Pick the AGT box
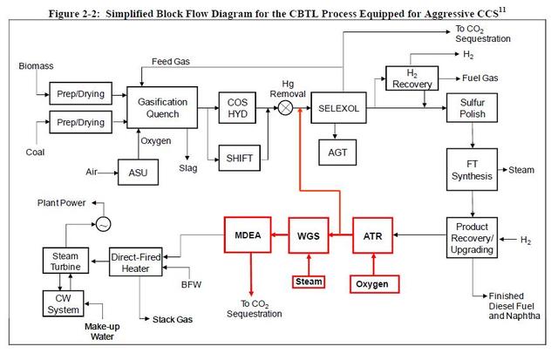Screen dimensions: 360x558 (338, 152)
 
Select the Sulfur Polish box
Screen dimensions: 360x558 (472, 108)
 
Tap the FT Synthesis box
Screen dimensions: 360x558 (472, 169)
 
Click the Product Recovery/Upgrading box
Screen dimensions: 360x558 (472, 238)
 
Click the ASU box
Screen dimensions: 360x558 (139, 172)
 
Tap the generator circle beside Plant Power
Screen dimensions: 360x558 (104, 224)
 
